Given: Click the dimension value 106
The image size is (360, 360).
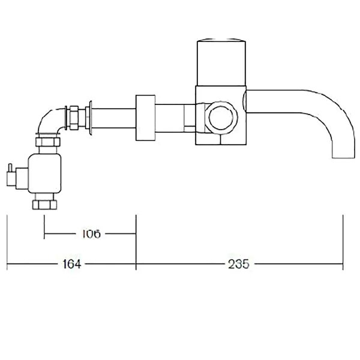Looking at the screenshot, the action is (x=91, y=234).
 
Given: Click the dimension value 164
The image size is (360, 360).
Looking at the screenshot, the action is (x=72, y=264).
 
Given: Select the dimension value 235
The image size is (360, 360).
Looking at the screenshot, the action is (x=239, y=264).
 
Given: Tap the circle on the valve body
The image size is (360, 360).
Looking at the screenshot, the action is (x=221, y=117).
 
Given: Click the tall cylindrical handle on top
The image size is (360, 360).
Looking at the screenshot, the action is (x=221, y=62).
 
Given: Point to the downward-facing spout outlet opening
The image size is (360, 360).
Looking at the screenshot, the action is (x=343, y=158).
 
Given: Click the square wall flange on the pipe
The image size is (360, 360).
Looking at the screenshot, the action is (x=145, y=118).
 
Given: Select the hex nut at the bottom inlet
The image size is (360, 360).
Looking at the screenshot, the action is (x=44, y=205).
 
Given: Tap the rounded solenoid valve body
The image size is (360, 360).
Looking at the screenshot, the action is (x=44, y=173).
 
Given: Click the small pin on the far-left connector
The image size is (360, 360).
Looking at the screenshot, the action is (x=10, y=167).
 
